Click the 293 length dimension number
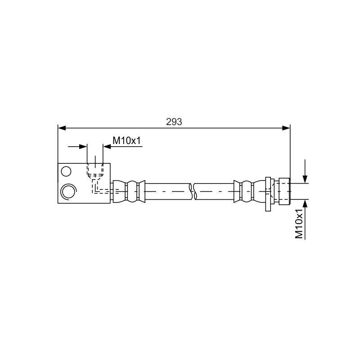174,121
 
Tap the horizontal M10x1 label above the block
126,140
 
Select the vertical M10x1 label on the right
299,224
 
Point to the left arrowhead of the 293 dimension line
62,128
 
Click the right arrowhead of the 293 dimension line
286,128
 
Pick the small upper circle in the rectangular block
66,171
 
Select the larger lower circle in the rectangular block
68,191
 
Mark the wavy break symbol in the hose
193,191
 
